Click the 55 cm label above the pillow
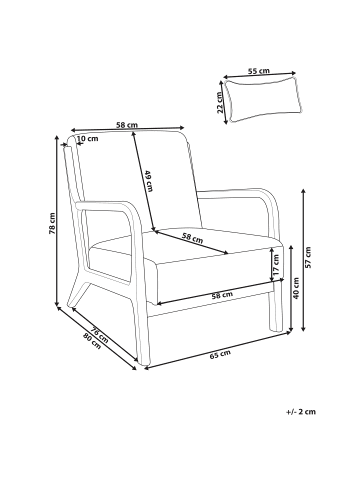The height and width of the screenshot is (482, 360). (258, 71)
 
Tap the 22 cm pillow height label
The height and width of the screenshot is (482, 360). (220, 102)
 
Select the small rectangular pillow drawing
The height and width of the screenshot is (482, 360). (264, 100)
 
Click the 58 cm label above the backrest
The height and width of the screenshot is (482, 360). (127, 125)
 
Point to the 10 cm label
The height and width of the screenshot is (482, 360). (88, 138)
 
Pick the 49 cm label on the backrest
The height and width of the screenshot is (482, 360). (149, 181)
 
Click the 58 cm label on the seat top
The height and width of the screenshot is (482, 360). (192, 238)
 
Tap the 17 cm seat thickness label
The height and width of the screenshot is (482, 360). (276, 265)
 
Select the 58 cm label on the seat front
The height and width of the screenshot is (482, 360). (222, 295)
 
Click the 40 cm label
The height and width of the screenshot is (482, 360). (296, 287)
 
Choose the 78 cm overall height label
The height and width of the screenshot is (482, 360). (52, 223)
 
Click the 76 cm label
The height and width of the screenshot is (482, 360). (100, 335)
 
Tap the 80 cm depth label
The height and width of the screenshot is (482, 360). (92, 341)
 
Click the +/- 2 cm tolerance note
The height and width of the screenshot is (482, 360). (301, 412)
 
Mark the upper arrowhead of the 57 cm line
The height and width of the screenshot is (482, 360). (303, 191)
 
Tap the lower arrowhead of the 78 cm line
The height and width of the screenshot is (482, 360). (57, 303)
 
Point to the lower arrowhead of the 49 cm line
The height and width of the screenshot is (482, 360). (153, 228)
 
